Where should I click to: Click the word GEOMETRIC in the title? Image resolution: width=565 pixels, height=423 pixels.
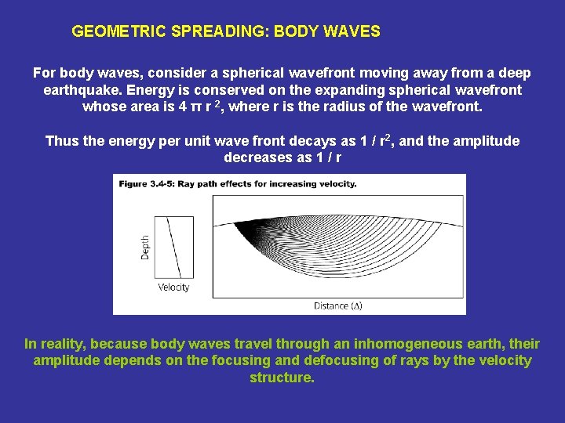[111, 32]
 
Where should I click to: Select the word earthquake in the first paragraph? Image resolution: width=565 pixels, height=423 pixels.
[82, 90]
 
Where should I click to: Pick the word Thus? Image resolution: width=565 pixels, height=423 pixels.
[61, 141]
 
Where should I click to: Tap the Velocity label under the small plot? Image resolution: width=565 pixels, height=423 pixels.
[173, 287]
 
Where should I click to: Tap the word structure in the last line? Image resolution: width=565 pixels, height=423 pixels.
[281, 378]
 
